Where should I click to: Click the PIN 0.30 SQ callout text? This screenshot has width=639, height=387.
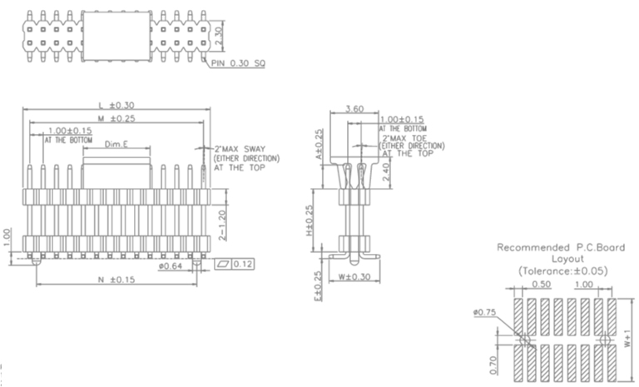238,63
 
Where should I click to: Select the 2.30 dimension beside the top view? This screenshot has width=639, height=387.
219,36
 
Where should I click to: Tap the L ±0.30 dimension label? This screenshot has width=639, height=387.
116,105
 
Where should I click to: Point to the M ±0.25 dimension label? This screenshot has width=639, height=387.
116,119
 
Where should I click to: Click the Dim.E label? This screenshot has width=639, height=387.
116,144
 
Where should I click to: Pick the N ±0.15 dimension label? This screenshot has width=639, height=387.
116,280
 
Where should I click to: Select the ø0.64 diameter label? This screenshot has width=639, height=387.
170,265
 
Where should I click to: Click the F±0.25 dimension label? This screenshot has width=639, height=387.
319,285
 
